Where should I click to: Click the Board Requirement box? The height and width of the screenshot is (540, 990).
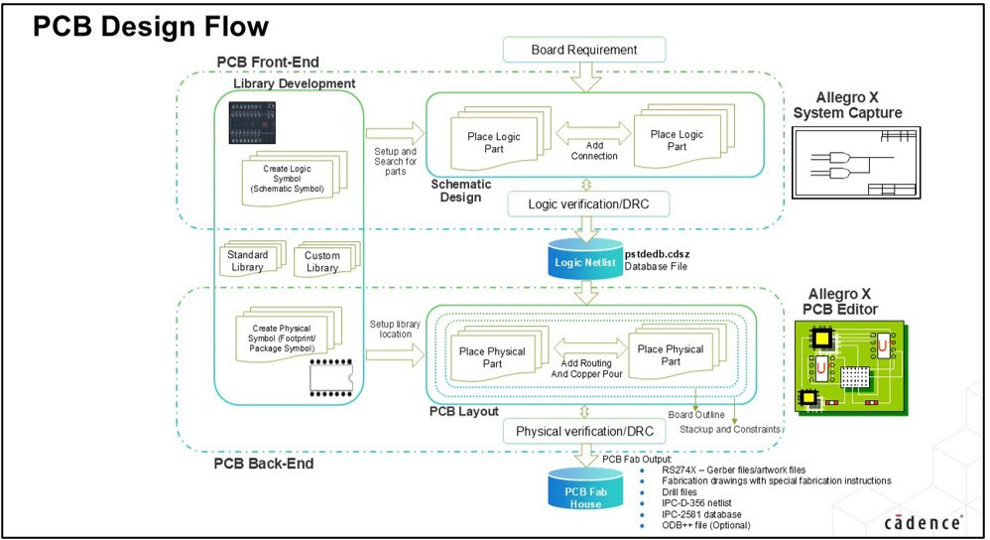(583, 50)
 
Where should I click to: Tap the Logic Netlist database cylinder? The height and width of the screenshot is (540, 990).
(581, 262)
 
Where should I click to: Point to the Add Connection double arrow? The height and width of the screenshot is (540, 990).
(594, 131)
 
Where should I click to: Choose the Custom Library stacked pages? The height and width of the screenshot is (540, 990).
(322, 261)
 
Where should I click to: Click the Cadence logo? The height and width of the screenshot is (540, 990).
(923, 521)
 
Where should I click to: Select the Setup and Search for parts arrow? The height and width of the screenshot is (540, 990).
(395, 131)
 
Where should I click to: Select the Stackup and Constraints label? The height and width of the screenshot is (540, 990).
(730, 429)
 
